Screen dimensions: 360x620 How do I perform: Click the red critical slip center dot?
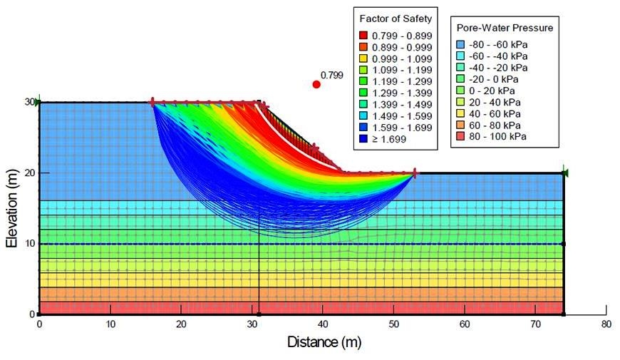316,84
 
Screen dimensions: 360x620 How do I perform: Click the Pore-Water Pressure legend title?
505,28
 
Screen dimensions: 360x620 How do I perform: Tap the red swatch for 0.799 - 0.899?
363,35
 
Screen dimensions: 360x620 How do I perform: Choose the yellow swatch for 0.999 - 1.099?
363,58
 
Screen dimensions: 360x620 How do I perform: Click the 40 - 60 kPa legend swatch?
462,113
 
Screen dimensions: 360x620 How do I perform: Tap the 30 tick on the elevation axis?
29,102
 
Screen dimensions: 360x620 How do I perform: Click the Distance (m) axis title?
324,342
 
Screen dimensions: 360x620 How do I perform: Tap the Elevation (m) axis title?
12,207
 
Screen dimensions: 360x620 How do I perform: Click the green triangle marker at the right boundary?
564,172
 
